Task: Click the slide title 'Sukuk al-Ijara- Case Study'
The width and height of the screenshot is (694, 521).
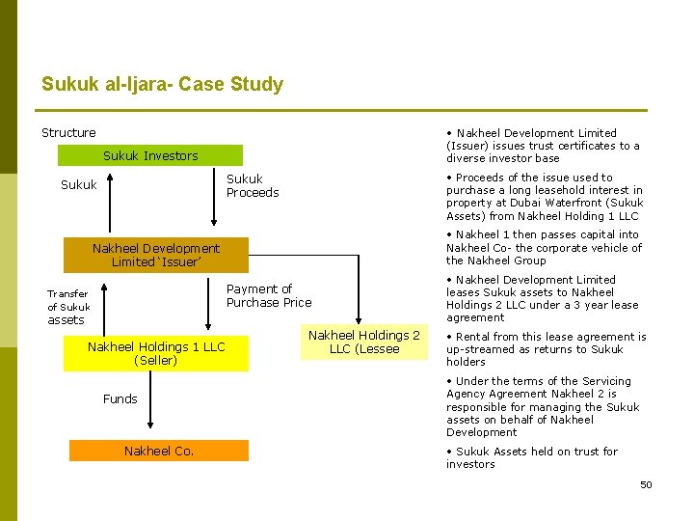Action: click(162, 84)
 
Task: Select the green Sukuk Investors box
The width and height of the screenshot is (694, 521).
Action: click(150, 155)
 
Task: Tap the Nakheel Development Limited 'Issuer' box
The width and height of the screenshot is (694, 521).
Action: click(155, 255)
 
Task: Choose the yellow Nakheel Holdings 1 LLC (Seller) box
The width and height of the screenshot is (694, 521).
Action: click(155, 353)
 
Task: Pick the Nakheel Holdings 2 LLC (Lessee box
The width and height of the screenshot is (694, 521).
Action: click(363, 343)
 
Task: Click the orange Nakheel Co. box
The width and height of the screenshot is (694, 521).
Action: click(159, 451)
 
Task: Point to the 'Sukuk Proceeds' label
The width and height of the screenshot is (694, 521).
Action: click(252, 185)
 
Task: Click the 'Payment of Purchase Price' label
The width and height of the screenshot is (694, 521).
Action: click(269, 295)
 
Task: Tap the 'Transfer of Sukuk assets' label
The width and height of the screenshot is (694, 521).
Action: click(67, 306)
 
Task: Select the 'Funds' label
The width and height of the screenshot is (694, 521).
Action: click(120, 398)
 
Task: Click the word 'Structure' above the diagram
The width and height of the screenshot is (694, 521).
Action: click(68, 132)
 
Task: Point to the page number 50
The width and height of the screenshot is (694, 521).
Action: click(646, 484)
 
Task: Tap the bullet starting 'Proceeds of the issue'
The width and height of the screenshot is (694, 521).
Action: click(544, 197)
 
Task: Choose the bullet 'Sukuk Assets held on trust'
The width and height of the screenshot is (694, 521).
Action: click(536, 457)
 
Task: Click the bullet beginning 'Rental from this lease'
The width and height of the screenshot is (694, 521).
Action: click(546, 349)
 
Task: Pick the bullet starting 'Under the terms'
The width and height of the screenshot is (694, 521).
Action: click(542, 406)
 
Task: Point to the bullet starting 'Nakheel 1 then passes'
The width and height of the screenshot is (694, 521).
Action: click(544, 247)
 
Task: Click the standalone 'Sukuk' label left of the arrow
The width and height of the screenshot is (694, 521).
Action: click(78, 184)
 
